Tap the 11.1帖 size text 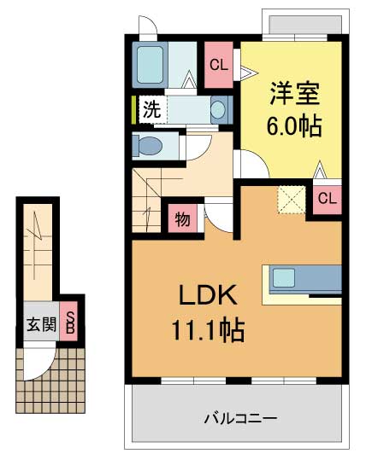pyautogui.click(x=210, y=329)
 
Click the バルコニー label pyautogui.click(x=240, y=419)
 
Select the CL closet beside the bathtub pyautogui.click(x=218, y=64)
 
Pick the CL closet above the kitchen pyautogui.click(x=327, y=200)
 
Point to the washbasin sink pyautogui.click(x=219, y=109)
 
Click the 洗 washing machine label pyautogui.click(x=151, y=109)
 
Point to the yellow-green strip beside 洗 pyautogui.click(x=134, y=110)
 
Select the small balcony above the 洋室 pyautogui.click(x=301, y=25)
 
